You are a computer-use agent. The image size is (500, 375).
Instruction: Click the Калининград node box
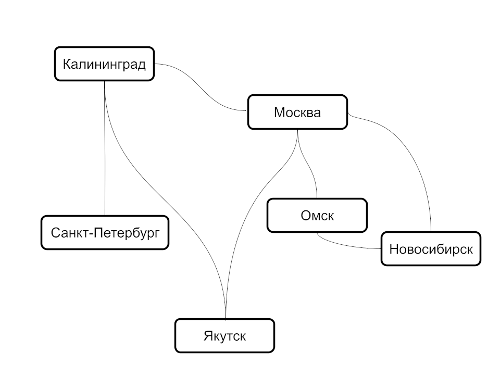point(105,74)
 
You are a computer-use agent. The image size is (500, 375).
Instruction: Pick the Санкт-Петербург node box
point(105,241)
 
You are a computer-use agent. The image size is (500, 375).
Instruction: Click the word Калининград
point(105,65)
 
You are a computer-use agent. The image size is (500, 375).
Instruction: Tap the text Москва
point(297,112)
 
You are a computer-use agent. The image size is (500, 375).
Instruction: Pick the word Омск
point(317,215)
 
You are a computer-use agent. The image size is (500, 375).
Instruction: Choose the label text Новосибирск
point(431,249)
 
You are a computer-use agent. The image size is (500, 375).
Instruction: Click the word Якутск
point(224,335)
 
